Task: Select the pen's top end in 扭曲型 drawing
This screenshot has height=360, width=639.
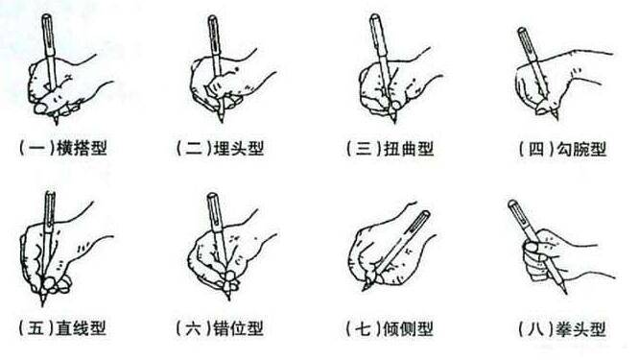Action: point(374,21)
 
